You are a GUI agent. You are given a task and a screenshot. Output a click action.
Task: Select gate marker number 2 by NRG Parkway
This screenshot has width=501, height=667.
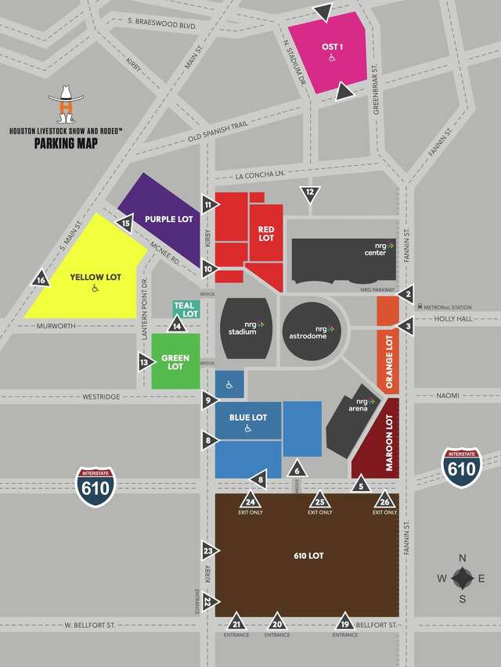406,294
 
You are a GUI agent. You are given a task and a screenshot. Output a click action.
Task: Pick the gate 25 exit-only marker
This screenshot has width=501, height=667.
319,502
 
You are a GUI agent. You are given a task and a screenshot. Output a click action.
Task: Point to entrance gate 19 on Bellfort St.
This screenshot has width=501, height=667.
344,622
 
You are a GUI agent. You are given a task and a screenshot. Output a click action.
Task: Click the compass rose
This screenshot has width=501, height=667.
462,578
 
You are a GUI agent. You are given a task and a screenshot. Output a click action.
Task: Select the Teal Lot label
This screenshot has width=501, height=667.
184,309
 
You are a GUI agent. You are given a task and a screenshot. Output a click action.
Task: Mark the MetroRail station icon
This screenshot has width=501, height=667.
420,306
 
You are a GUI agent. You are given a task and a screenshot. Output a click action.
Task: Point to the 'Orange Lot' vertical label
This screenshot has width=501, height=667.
388,360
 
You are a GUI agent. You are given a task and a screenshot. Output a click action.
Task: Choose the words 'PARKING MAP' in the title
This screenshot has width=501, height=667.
66,143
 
